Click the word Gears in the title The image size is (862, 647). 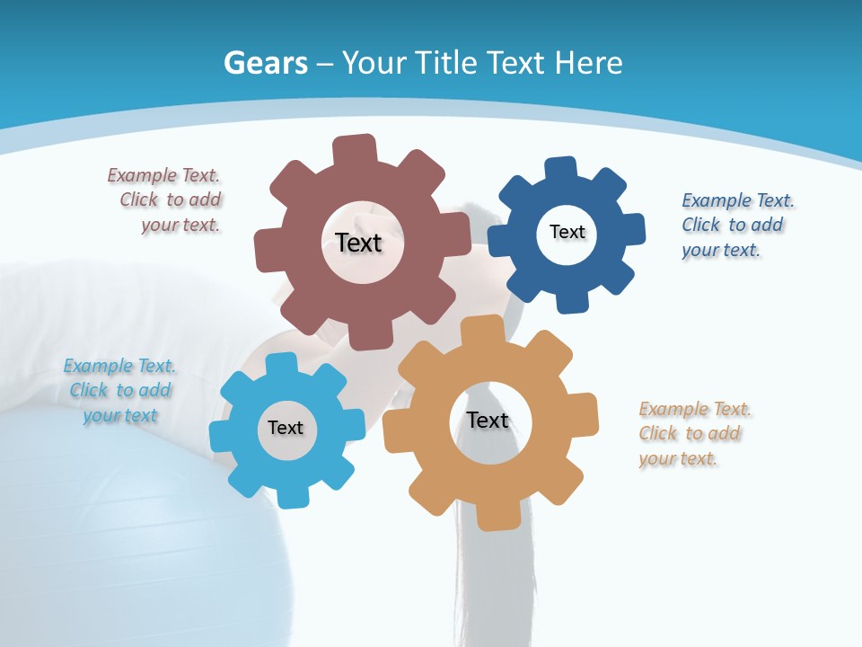pyautogui.click(x=266, y=63)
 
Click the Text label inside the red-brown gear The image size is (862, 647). pyautogui.click(x=358, y=243)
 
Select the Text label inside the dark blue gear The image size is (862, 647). pyautogui.click(x=567, y=232)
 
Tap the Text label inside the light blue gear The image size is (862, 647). pyautogui.click(x=285, y=428)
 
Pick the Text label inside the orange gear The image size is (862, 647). pyautogui.click(x=488, y=420)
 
